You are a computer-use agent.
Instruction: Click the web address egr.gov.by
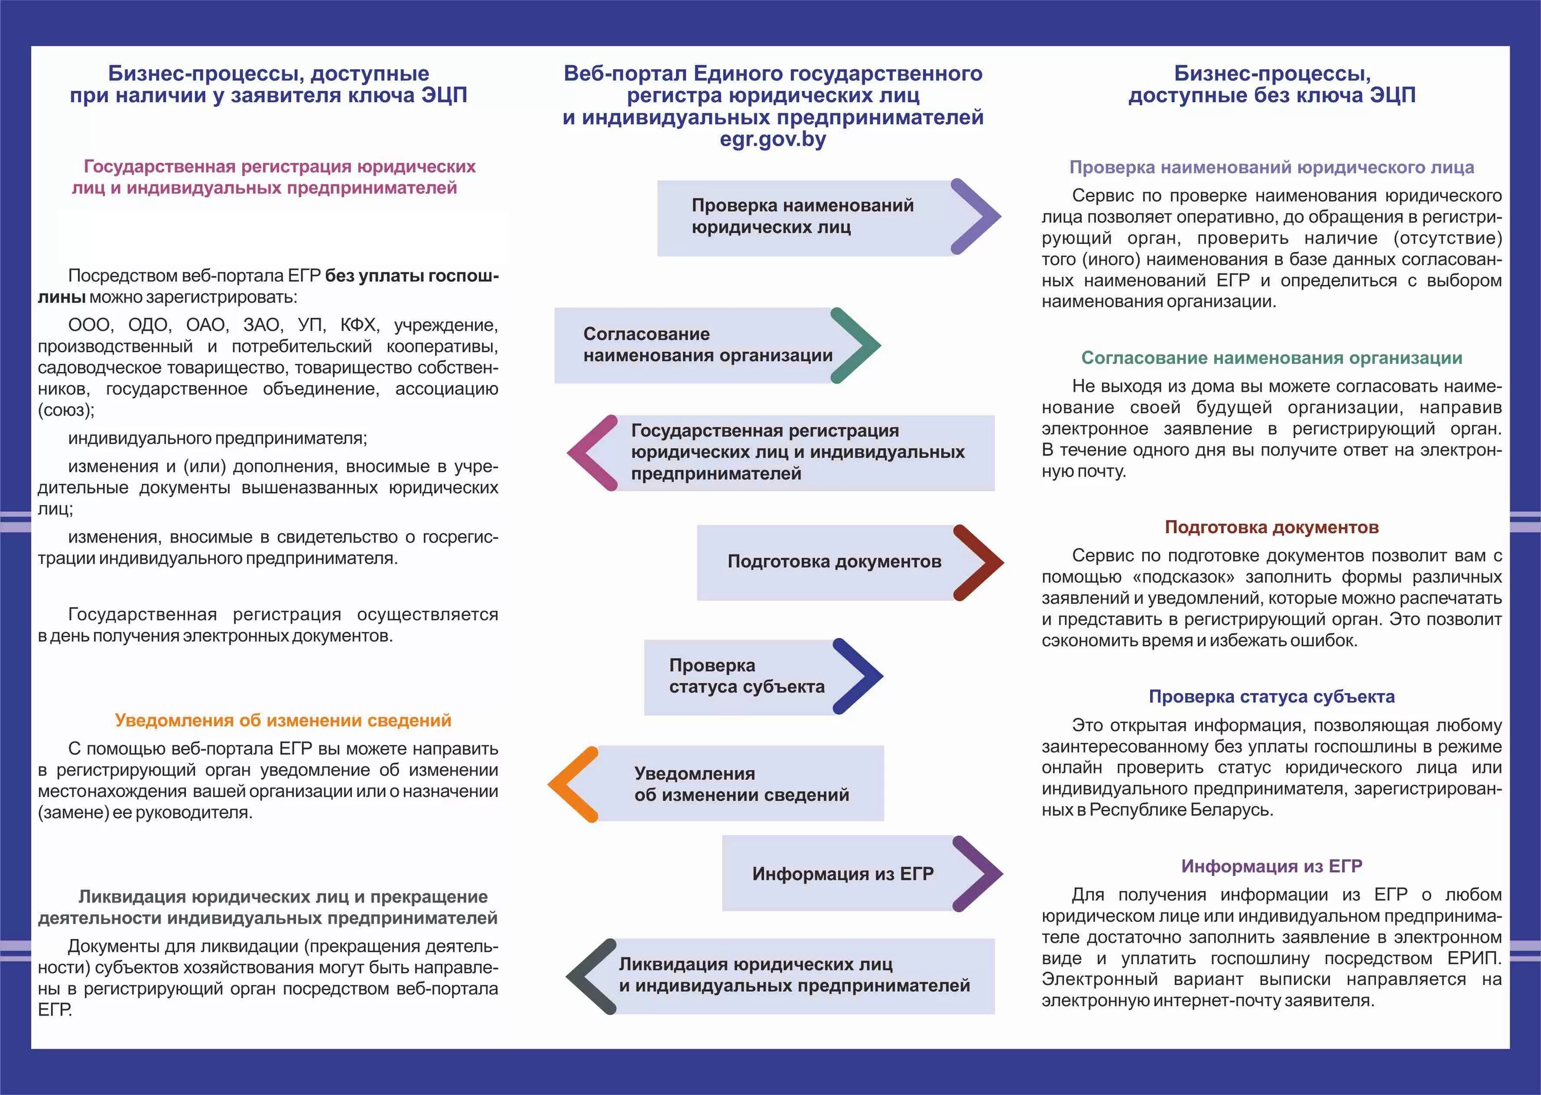coord(773,140)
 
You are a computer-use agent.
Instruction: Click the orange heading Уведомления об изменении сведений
coord(283,720)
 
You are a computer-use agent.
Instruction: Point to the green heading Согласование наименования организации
coord(1271,358)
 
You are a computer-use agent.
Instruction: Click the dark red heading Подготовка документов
coord(1271,527)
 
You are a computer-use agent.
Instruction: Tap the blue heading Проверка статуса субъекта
coord(1271,697)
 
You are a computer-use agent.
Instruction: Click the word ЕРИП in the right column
coord(1474,958)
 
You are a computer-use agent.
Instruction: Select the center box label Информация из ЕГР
coord(843,874)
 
